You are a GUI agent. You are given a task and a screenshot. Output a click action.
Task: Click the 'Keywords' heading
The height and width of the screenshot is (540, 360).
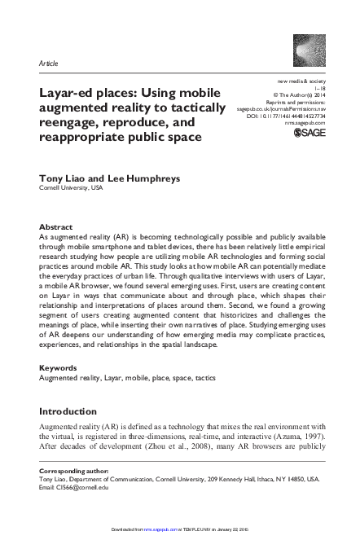[59, 368]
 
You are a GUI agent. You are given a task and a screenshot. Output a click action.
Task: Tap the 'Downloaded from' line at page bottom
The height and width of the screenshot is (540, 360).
[180, 529]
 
